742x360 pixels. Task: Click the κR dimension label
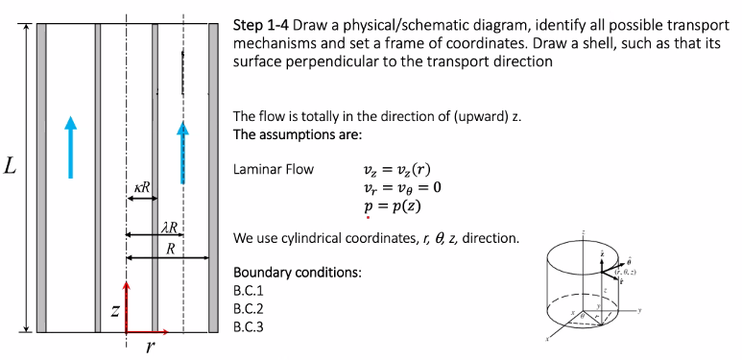pos(140,186)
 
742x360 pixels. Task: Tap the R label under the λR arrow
pos(170,248)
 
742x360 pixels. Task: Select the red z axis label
pos(114,310)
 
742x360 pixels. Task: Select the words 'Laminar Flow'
pos(274,170)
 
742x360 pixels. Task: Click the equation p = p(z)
pos(391,205)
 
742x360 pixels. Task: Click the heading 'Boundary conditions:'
pos(298,273)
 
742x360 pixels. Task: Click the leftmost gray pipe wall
pos(41,178)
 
